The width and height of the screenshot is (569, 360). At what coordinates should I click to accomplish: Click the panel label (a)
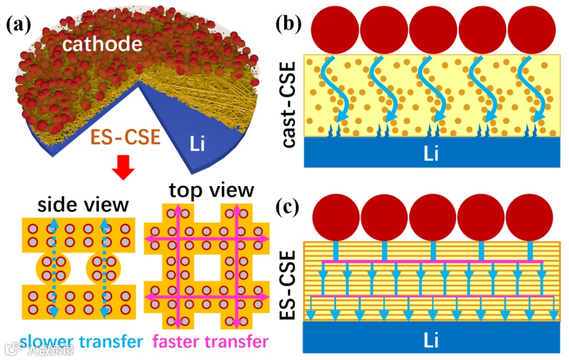[21, 25]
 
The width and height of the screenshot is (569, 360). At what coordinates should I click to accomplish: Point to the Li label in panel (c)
[430, 340]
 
